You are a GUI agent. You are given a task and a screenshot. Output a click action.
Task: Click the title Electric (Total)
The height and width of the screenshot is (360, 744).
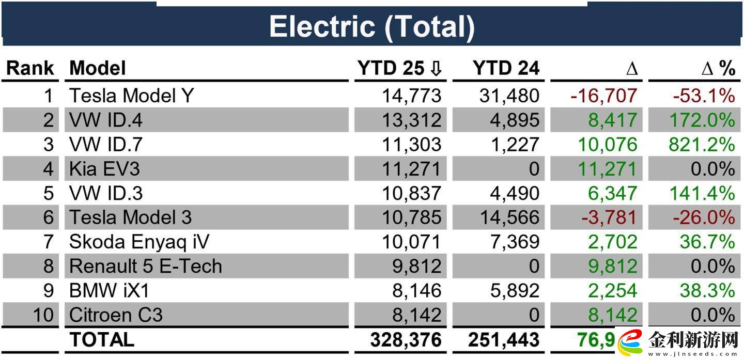[x=371, y=27]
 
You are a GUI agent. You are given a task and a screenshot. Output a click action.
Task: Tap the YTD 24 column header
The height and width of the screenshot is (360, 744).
[x=506, y=68]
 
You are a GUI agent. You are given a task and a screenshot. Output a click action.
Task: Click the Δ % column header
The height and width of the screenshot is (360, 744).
[x=718, y=68]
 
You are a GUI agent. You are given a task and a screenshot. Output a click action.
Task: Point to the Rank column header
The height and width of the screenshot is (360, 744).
[x=30, y=68]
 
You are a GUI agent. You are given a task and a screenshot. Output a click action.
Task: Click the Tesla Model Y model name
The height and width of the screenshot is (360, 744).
[x=131, y=96]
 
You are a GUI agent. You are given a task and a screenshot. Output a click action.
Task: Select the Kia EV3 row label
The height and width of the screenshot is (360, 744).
[x=104, y=169]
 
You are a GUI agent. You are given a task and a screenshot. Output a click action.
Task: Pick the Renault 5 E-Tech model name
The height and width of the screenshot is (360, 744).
[x=146, y=266]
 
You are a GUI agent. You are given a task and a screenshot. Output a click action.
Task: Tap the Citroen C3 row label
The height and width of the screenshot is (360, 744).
[x=116, y=315]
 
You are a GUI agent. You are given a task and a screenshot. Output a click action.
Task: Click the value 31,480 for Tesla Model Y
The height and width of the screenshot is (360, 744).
[x=509, y=96]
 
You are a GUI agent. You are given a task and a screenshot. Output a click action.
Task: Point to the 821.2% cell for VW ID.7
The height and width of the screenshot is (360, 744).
[x=701, y=145]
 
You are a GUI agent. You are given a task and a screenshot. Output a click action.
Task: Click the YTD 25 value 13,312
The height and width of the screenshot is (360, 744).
[x=412, y=120]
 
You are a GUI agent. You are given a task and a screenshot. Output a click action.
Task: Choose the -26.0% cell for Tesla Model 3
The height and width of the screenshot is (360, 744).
[x=703, y=217]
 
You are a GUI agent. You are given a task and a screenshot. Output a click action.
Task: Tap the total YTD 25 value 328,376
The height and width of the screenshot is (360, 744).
[x=406, y=340]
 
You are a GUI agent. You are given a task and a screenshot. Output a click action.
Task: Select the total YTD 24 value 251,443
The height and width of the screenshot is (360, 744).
[x=504, y=340]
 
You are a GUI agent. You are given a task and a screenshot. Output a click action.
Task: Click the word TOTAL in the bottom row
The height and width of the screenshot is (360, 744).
[x=102, y=340]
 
